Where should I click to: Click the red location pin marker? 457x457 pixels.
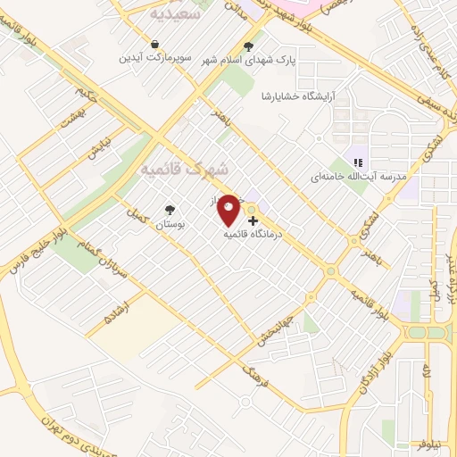228,210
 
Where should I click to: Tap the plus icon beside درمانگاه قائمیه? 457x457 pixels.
253,220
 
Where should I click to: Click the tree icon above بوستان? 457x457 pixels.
169,211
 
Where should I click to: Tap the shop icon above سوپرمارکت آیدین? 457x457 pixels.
155,44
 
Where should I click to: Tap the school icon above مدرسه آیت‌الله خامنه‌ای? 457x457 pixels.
357,162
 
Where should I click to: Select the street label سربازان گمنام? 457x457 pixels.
90,244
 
